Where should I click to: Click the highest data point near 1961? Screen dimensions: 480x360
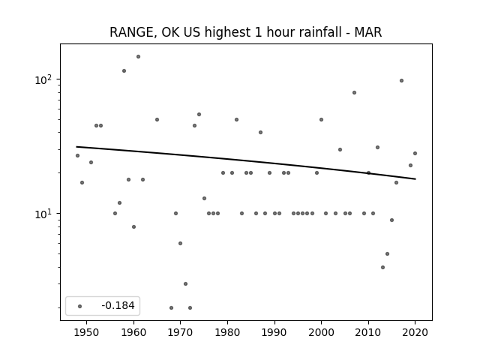coord(138,57)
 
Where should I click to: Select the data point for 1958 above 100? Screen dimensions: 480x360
coord(124,71)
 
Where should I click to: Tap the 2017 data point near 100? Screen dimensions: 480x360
coord(401,81)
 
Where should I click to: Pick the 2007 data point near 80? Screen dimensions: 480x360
coord(354,93)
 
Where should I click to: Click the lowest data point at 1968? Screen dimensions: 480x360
coord(171,308)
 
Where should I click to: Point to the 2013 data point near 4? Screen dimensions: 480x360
coord(382,268)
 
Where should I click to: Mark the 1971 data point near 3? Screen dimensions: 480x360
coord(185,284)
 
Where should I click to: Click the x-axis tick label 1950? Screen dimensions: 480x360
coord(87,333)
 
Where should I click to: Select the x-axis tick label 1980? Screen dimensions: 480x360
coord(227,333)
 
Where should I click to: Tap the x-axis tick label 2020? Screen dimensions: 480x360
coord(415,333)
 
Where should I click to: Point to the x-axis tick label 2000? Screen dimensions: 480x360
coord(321,333)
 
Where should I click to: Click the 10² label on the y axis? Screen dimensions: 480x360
coord(43,79)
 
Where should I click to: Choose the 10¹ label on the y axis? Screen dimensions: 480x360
coord(43,214)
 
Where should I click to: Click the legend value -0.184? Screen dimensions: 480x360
coord(118,305)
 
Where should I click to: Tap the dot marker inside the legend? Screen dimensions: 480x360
coord(80,307)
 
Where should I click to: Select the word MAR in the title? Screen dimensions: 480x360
coord(368,32)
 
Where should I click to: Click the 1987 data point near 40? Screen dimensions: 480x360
coord(260,133)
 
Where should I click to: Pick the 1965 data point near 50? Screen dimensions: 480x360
coord(157,120)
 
